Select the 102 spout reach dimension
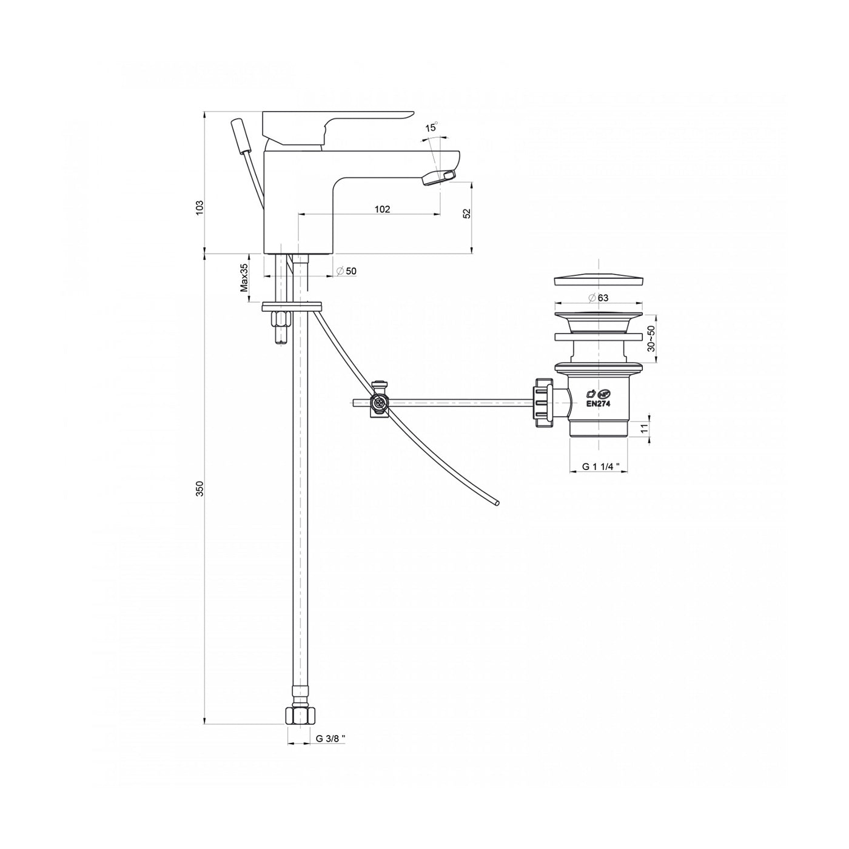[382, 209]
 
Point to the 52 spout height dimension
[466, 213]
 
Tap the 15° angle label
[431, 127]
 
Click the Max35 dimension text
[244, 278]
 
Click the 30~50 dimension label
[651, 340]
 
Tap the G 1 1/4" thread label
[599, 466]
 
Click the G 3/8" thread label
[331, 739]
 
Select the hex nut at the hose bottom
[300, 716]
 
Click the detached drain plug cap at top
[598, 281]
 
